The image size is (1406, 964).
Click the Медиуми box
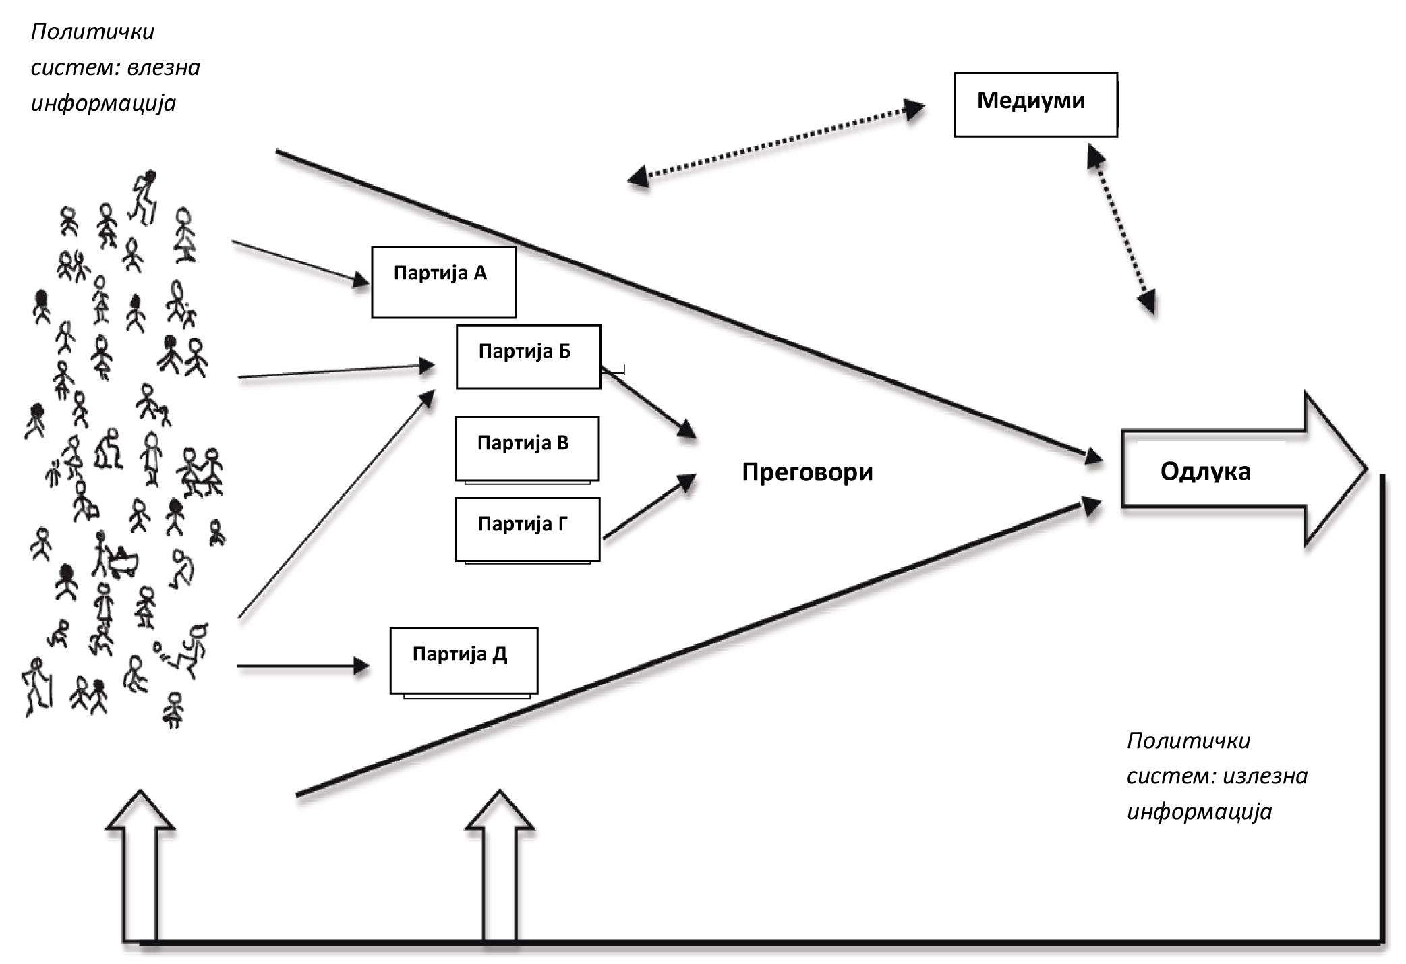1035,105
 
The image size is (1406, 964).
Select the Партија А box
443,282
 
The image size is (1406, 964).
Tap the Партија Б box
528,357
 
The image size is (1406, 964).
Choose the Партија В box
527,448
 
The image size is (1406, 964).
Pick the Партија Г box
527,529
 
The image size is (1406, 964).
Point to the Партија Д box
464,660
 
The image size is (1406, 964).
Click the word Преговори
807,472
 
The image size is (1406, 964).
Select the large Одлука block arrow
1241,470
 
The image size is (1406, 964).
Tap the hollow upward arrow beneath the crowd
140,863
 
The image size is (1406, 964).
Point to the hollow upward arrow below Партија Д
500,863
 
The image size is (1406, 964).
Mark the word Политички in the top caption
92,32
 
